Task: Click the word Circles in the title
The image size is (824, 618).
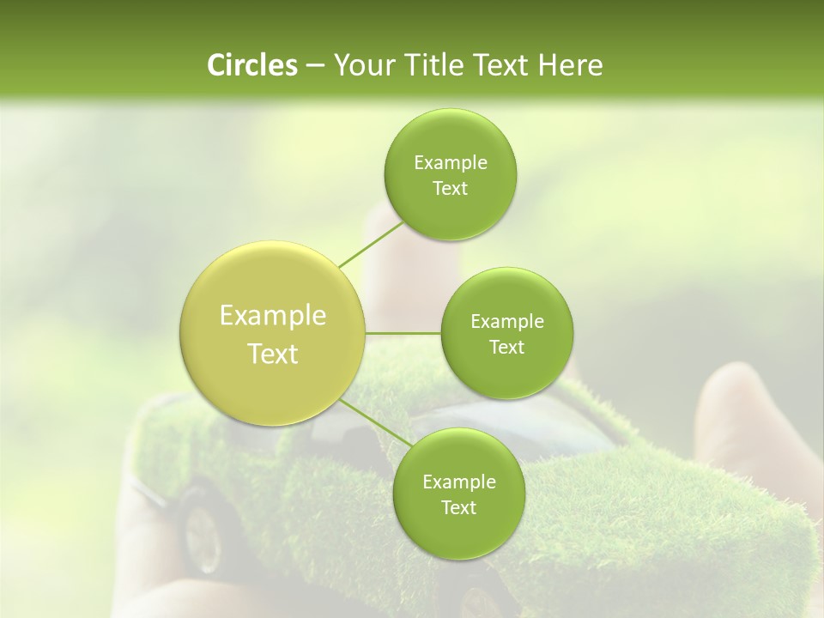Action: pyautogui.click(x=251, y=65)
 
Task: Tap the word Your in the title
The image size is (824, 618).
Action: pyautogui.click(x=360, y=65)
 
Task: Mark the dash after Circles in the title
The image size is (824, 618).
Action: pyautogui.click(x=314, y=66)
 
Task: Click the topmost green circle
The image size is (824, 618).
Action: pyautogui.click(x=450, y=174)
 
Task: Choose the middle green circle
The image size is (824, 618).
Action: pyautogui.click(x=507, y=333)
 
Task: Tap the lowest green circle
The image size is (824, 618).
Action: pyautogui.click(x=459, y=494)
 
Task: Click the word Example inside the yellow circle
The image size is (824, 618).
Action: pyautogui.click(x=273, y=316)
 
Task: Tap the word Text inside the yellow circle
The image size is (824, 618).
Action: pyautogui.click(x=273, y=354)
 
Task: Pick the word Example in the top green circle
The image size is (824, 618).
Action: pyautogui.click(x=450, y=163)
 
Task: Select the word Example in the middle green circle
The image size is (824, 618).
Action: pyautogui.click(x=507, y=322)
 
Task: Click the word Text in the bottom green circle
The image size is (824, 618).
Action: pyautogui.click(x=459, y=507)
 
